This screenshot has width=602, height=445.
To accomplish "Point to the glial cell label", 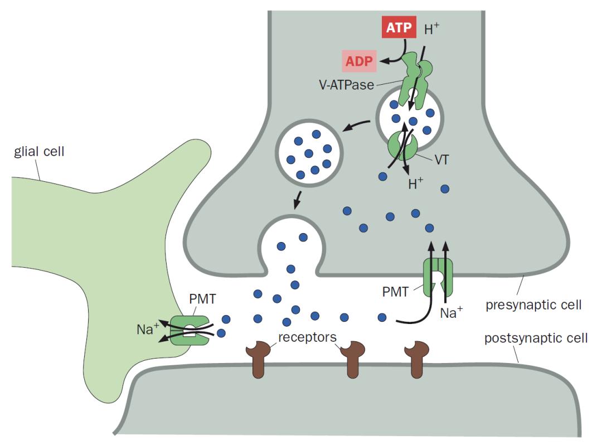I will tap(39, 151).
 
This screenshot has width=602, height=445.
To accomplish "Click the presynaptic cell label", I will tap(533, 305).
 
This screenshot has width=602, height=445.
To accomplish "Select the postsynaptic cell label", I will tap(535, 338).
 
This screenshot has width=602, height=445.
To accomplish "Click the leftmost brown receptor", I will tap(258, 360).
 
